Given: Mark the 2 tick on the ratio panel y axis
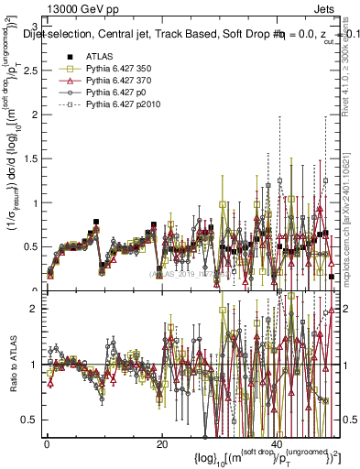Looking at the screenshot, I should pos(38,309).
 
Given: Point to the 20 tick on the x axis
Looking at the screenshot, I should pos(162,445).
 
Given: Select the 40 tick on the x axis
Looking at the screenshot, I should pos(278,445).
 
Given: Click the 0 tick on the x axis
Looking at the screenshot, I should pos(47,445).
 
